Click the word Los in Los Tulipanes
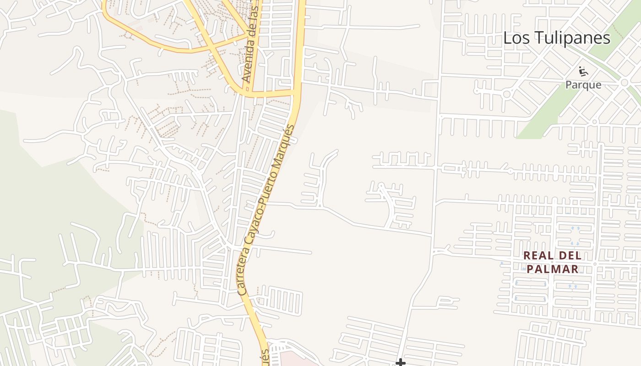(x=517, y=38)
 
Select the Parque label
(x=583, y=85)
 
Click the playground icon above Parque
(x=583, y=71)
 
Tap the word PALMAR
(x=553, y=269)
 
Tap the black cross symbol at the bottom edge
(x=401, y=363)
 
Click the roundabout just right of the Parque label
(x=625, y=83)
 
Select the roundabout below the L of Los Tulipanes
(x=506, y=94)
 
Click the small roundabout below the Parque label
(x=594, y=122)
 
